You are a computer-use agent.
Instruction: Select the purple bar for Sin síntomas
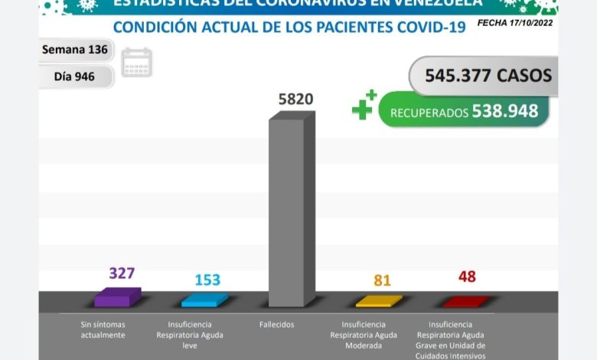(x=116, y=297)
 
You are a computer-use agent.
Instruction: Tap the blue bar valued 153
(x=204, y=299)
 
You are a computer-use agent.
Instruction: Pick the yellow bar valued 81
(x=378, y=300)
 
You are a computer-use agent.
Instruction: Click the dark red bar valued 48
(x=465, y=300)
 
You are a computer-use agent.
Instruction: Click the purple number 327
(x=122, y=273)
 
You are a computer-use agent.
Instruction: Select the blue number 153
(x=207, y=280)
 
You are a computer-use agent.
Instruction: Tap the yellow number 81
(x=382, y=280)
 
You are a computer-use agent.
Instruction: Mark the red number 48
(x=467, y=277)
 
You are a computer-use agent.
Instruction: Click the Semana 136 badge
(x=75, y=51)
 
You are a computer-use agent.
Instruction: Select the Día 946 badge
(x=75, y=77)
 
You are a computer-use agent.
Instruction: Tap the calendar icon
(x=137, y=62)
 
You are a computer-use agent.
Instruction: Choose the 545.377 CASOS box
(x=481, y=75)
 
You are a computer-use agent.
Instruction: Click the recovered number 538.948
(x=505, y=112)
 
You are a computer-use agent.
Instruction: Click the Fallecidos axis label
(x=276, y=325)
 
